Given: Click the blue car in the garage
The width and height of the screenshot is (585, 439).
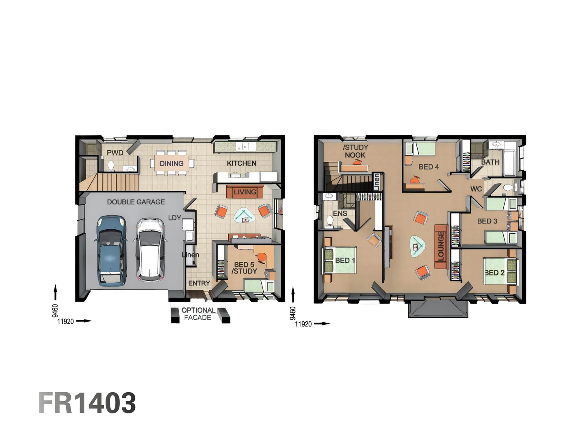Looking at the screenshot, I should (x=110, y=250).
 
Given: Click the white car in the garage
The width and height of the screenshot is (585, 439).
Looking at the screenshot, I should (x=150, y=250).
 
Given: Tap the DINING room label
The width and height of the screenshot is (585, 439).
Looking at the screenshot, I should (x=171, y=163).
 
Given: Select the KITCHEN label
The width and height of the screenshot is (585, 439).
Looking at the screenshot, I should (x=241, y=163).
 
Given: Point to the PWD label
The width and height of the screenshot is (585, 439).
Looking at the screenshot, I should (x=115, y=153).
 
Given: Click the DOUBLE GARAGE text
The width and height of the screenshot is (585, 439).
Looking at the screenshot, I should (x=136, y=202).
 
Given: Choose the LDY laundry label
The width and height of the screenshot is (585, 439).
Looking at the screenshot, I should (x=174, y=218).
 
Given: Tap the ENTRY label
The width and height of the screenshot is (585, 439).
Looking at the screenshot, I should (x=199, y=283).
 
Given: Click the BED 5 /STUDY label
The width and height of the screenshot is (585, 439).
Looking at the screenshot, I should (x=244, y=268).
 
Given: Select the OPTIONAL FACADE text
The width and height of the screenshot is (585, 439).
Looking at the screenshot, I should (x=198, y=314).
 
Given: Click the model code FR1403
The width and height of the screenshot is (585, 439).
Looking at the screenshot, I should (x=87, y=403).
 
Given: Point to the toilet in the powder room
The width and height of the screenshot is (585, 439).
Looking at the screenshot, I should (x=111, y=165).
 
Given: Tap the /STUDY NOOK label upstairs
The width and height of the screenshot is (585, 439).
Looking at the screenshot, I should (x=355, y=151).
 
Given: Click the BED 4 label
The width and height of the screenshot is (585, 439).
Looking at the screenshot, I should (x=429, y=167).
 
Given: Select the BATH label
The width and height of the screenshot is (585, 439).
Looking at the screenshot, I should (x=490, y=162).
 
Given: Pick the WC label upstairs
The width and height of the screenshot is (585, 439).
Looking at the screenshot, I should (x=476, y=189).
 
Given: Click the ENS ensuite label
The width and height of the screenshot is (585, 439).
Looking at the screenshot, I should (x=340, y=213).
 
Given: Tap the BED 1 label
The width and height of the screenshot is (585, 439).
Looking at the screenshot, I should (x=345, y=261).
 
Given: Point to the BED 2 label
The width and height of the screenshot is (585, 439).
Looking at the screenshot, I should (x=494, y=273).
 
